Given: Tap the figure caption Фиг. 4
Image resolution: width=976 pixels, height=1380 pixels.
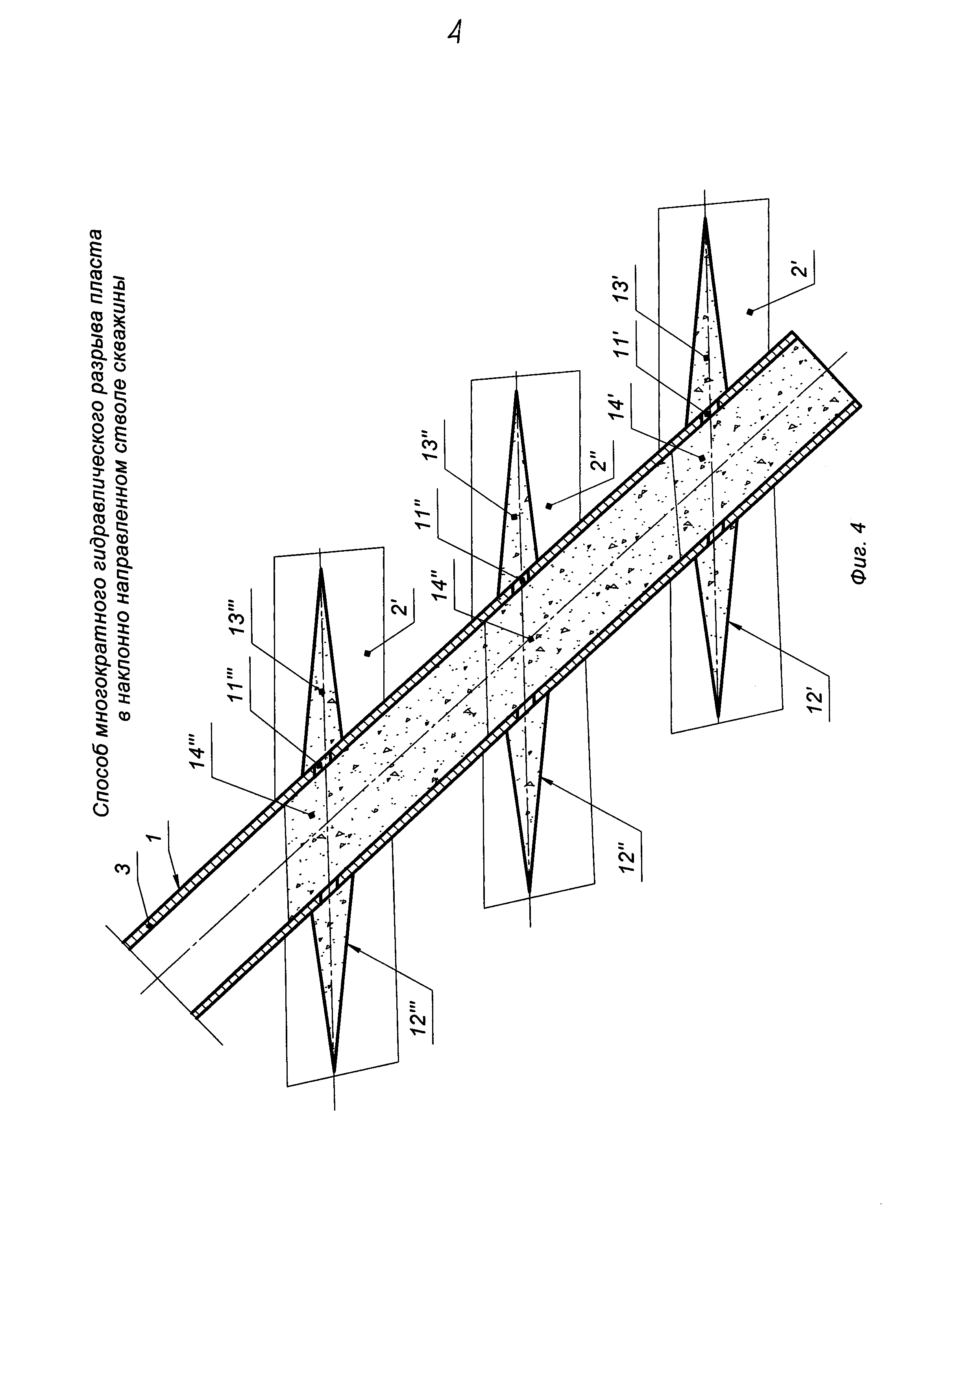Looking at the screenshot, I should click(859, 554).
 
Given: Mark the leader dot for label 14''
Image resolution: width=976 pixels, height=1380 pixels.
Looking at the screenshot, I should click(531, 639).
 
